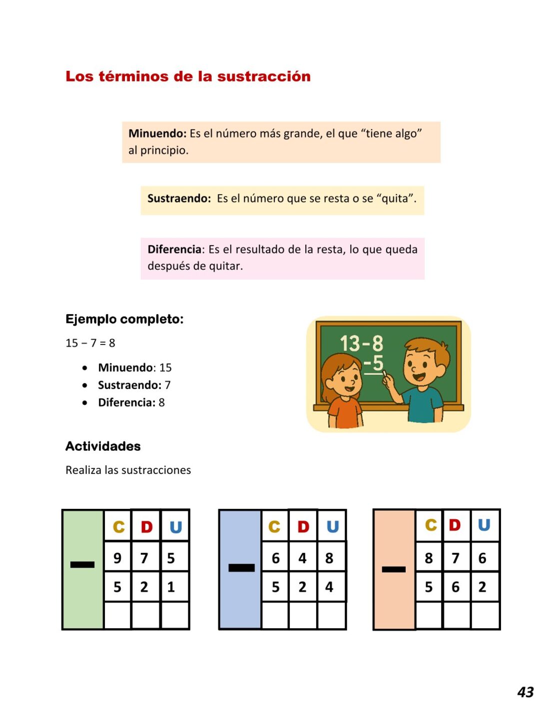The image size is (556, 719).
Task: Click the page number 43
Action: [x=526, y=692]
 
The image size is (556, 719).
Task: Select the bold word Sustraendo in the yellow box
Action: [x=179, y=198]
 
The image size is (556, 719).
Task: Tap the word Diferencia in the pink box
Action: [x=174, y=249]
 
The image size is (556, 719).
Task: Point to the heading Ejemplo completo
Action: [x=124, y=319]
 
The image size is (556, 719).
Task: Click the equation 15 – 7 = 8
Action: [x=90, y=343]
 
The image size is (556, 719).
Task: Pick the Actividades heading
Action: [x=103, y=446]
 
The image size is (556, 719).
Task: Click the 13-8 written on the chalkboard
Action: [x=361, y=344]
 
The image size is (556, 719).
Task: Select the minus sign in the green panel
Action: [x=82, y=565]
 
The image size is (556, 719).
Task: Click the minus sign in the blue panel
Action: [x=241, y=568]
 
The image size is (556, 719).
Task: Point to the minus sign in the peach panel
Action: [x=394, y=569]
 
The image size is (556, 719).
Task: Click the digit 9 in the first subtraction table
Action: [x=117, y=558]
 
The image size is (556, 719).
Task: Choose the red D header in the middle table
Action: [x=303, y=527]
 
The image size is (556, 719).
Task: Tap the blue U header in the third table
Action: [x=484, y=525]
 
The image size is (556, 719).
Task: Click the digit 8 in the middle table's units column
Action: [x=329, y=558]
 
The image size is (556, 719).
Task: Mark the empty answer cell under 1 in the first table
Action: [x=174, y=615]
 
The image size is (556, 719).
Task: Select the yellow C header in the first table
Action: [x=118, y=527]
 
